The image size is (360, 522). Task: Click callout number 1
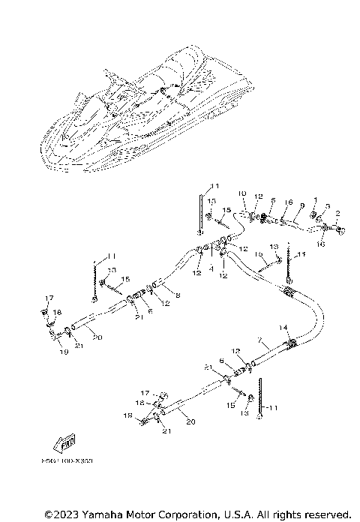[316, 200]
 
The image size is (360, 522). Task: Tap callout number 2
[337, 214]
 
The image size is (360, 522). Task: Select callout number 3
[326, 205]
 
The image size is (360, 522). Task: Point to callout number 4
[212, 266]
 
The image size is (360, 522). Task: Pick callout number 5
[273, 200]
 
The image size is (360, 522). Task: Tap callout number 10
[242, 193]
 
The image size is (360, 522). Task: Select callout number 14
[283, 327]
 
